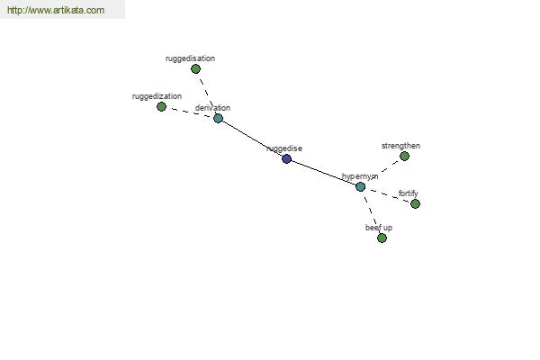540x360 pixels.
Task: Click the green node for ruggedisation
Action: coord(195,69)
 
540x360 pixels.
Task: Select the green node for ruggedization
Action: coord(161,107)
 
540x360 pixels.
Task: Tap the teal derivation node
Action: coord(218,119)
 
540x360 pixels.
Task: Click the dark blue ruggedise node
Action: coord(286,158)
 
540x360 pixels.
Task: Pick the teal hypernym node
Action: coord(360,186)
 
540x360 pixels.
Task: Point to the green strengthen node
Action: coord(404,156)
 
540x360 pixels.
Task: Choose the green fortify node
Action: coord(415,204)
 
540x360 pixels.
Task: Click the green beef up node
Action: coord(382,238)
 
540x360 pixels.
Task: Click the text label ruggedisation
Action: coord(190,58)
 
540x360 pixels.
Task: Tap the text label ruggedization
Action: coord(157,96)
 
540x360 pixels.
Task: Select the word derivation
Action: coord(212,108)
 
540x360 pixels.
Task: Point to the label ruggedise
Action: coord(284,148)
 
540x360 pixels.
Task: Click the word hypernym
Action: coord(360,176)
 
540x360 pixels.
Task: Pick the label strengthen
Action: coord(400,146)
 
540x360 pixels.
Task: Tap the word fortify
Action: coord(408,193)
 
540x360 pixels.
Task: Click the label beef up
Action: coord(379,228)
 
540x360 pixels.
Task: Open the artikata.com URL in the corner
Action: coord(56,10)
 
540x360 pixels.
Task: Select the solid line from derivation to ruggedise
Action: coord(252,139)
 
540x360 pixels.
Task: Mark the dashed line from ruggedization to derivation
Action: coord(190,112)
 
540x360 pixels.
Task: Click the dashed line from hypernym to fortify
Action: coord(388,195)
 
